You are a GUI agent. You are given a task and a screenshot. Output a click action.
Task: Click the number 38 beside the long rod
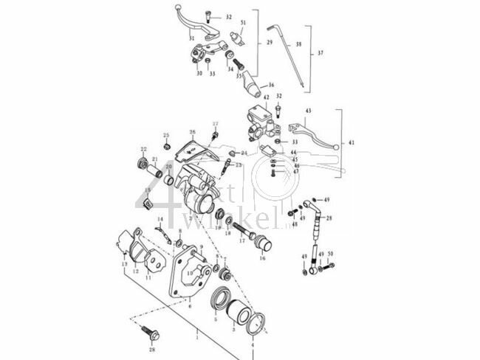point(298,45)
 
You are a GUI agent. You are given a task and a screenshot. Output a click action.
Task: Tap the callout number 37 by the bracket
point(320,54)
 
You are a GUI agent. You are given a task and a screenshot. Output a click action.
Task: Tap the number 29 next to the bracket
point(270,44)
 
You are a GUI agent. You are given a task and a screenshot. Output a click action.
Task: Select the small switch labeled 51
point(239,37)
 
